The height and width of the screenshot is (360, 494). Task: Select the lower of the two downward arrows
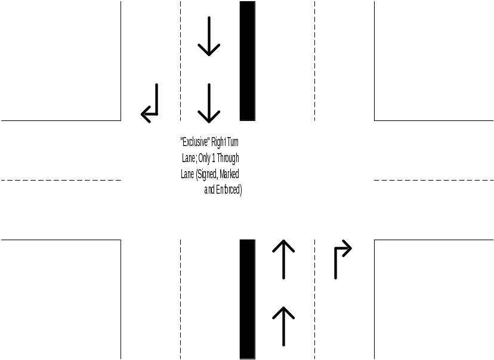(209, 103)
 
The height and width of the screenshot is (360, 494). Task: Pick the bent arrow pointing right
(342, 260)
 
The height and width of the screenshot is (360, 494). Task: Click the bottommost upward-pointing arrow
(283, 326)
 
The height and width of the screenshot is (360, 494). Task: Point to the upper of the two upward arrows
(283, 259)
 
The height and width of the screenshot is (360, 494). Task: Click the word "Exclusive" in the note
(195, 142)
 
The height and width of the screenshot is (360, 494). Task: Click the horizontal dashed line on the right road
(434, 180)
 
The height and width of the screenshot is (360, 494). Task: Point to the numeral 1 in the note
(214, 159)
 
